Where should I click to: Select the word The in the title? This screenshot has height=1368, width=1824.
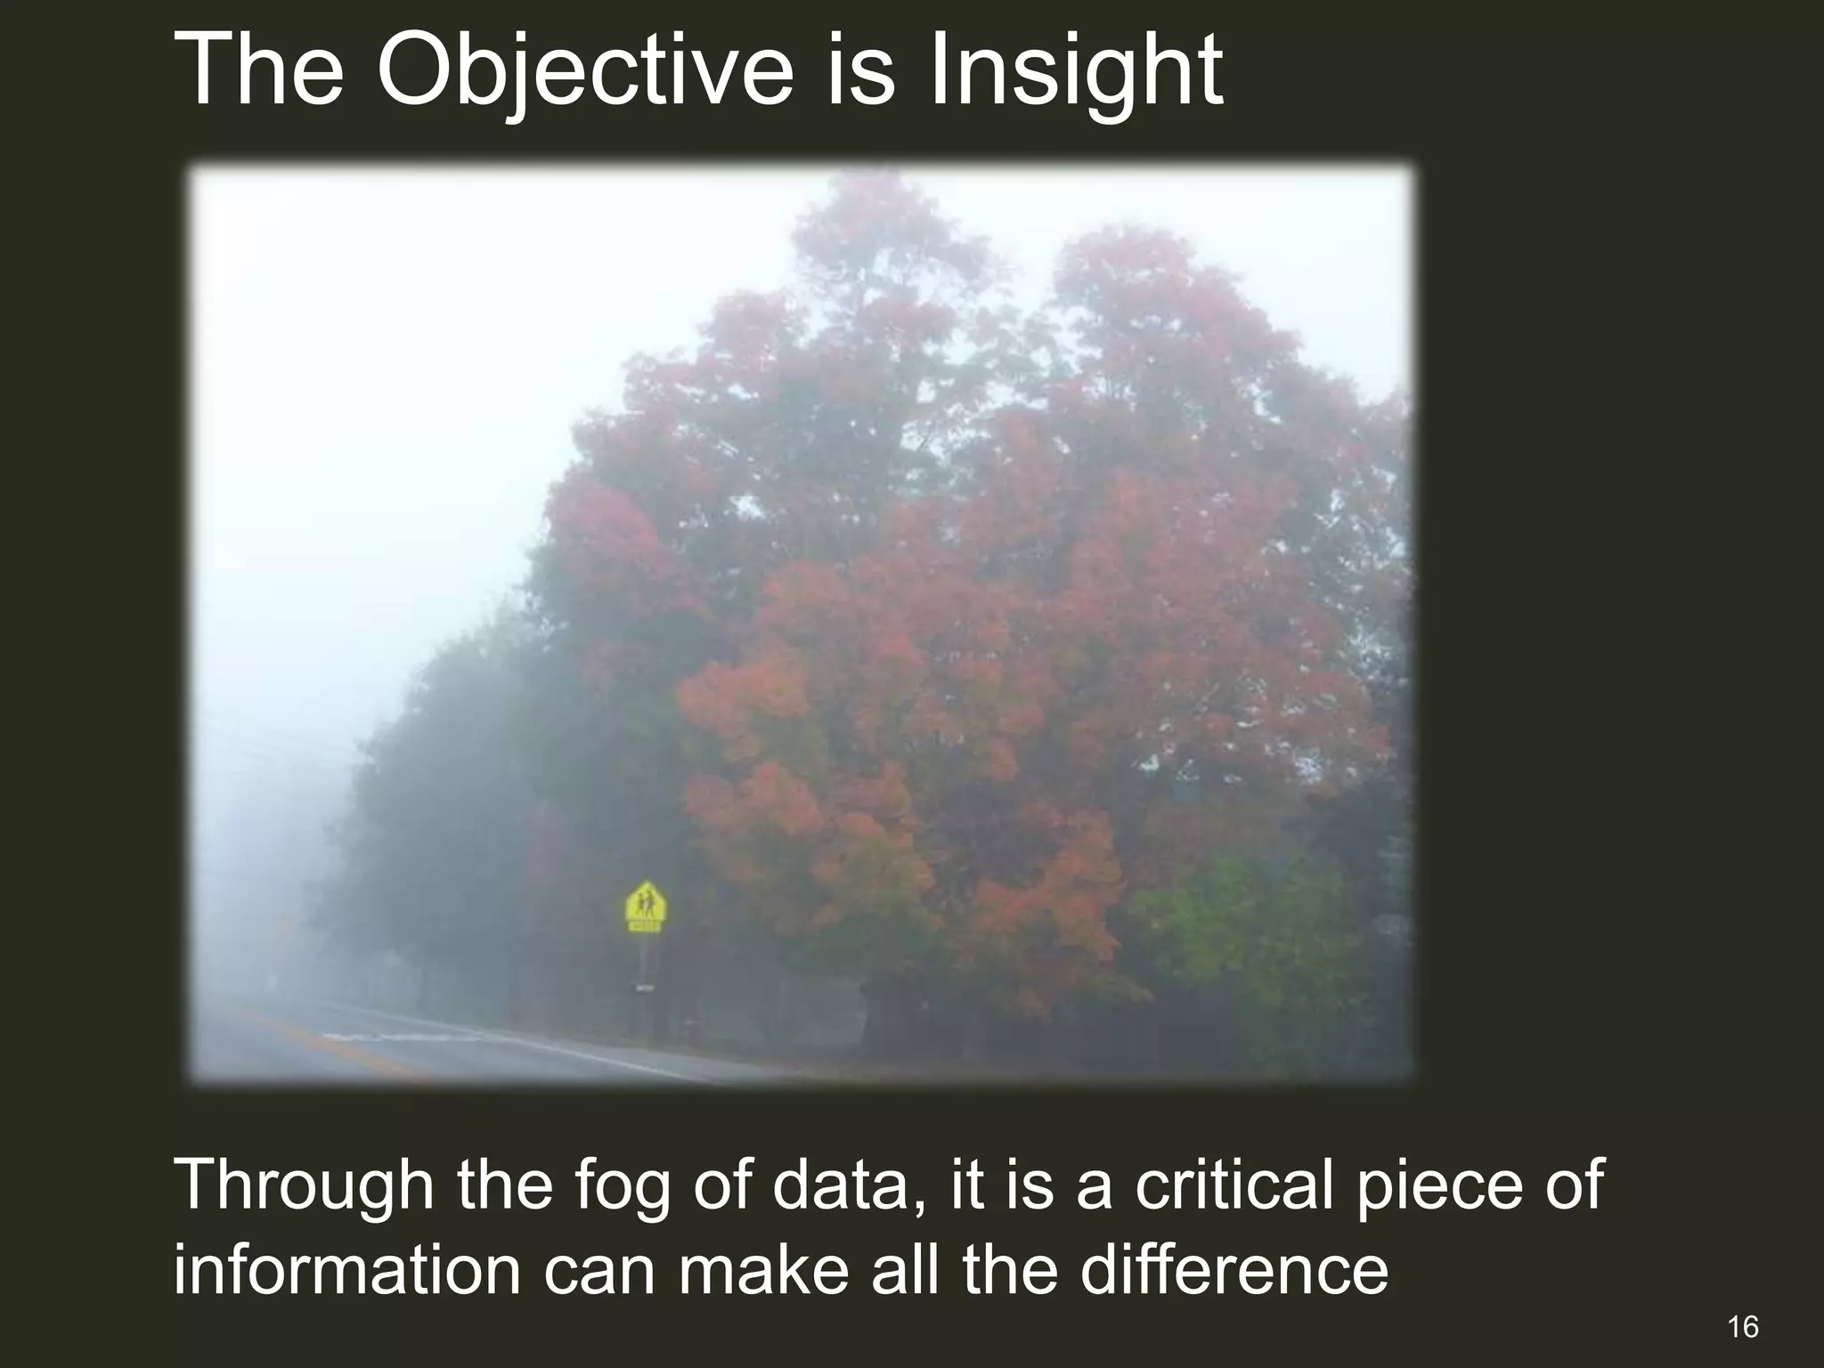coord(259,71)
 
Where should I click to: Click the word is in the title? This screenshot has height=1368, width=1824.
coord(860,71)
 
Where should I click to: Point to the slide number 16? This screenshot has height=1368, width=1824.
coord(1742,1328)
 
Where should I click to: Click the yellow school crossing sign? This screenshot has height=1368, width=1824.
coord(646,908)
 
